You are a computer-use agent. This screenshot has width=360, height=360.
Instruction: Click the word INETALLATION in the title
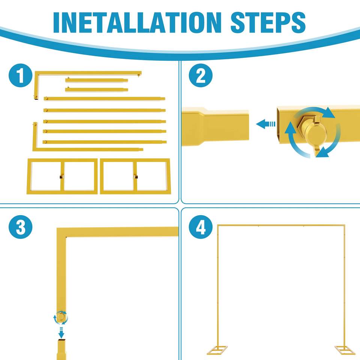tap(137, 22)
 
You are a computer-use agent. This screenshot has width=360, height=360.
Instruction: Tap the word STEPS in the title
tap(268, 22)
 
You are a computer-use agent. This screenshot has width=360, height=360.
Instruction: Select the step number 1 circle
tap(20, 75)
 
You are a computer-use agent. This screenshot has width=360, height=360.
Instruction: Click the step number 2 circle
tap(201, 75)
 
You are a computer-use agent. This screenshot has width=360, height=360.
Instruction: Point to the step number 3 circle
tap(20, 227)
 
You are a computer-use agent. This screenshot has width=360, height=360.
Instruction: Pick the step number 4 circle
tap(201, 227)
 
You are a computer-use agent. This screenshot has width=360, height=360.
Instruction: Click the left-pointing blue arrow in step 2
tap(265, 124)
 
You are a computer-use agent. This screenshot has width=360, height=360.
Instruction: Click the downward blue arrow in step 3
tap(61, 333)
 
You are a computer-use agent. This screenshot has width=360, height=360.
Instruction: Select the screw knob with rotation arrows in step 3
tap(61, 317)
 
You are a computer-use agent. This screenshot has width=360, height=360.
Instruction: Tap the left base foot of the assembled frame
tap(217, 350)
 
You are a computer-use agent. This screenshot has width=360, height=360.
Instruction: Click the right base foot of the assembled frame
tap(345, 350)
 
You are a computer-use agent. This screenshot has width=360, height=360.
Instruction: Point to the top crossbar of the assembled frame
tap(281, 225)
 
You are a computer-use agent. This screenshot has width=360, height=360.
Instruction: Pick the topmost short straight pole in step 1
tap(96, 80)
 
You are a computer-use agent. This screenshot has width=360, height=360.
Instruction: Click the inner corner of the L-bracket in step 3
tap(66, 237)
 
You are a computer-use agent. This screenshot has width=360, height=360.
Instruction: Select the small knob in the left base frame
tap(61, 177)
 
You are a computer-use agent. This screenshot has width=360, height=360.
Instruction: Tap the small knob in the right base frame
tap(136, 177)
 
